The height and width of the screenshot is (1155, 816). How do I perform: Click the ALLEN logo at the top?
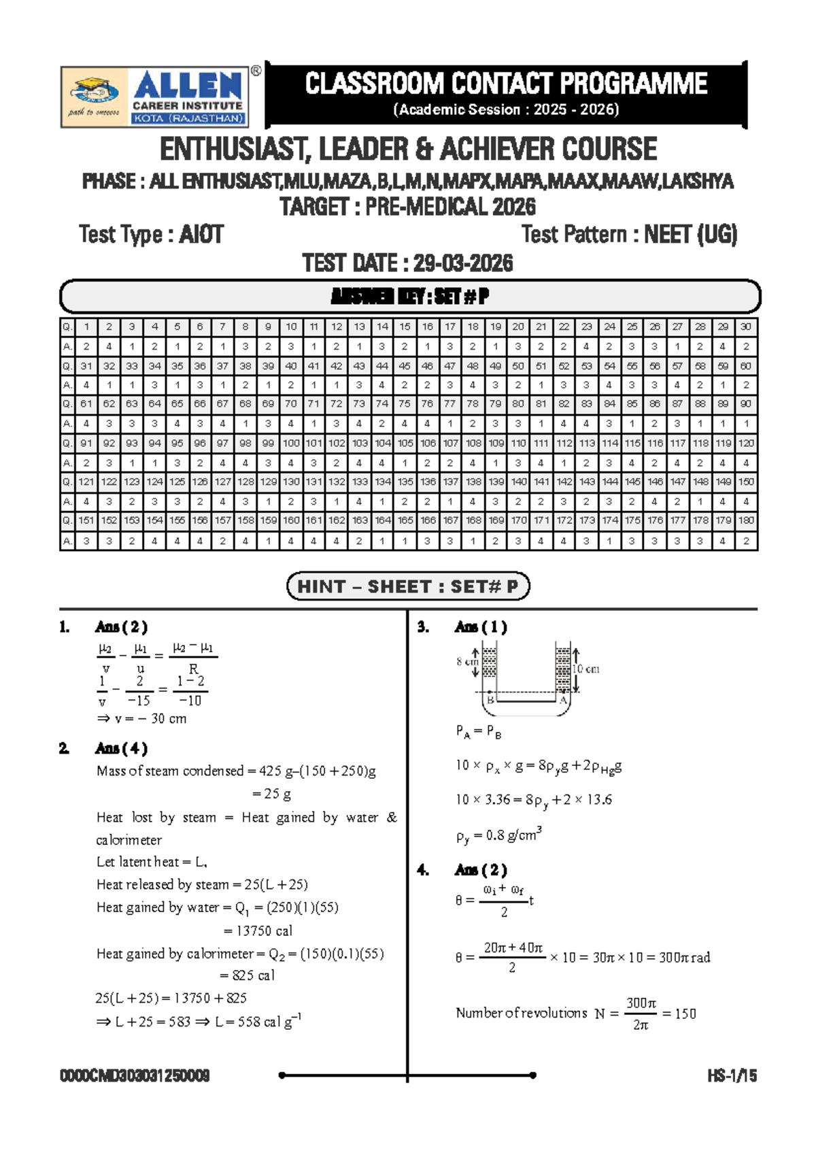click(155, 97)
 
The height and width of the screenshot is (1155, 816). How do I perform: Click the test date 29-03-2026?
click(463, 263)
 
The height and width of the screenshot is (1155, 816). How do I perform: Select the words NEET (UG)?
click(690, 235)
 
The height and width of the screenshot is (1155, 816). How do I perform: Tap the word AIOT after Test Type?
click(201, 235)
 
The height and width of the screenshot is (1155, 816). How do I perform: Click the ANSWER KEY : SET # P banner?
click(409, 297)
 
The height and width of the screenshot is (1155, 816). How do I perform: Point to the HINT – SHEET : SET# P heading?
click(408, 586)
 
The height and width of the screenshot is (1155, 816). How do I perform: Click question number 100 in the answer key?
click(291, 443)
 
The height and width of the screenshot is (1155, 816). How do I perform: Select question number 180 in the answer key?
click(746, 520)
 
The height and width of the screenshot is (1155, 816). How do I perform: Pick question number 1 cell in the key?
click(86, 327)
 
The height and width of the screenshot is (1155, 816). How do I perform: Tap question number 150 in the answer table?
click(746, 482)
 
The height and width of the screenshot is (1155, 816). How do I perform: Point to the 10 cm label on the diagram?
click(585, 669)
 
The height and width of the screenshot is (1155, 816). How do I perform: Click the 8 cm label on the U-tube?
click(467, 661)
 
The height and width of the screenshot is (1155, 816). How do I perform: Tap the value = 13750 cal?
click(258, 931)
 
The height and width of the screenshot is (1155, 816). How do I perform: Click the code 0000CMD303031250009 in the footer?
click(135, 1076)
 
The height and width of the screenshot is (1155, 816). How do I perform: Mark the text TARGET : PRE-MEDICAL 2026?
click(408, 207)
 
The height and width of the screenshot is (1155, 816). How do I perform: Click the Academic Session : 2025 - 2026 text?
click(506, 110)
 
